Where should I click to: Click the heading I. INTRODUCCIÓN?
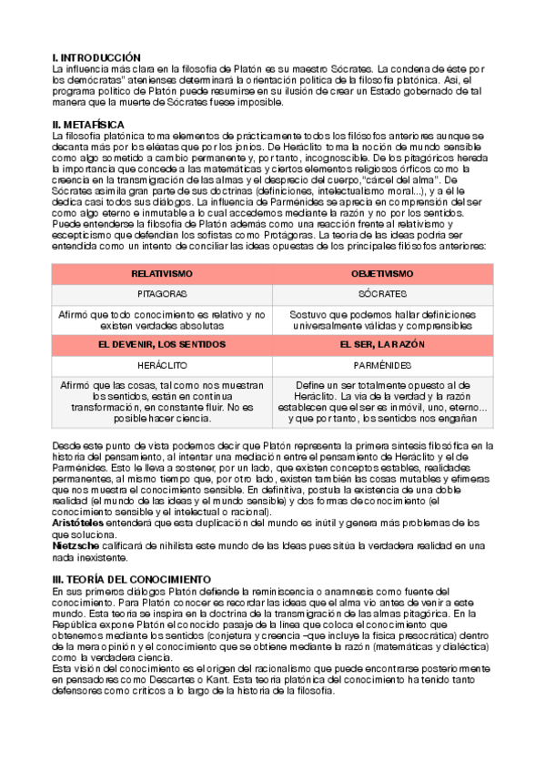96,57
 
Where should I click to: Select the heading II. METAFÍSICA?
89,124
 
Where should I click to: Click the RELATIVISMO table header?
162,273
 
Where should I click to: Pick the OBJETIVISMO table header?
382,273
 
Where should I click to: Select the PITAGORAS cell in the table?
162,295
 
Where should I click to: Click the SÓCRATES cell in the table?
382,295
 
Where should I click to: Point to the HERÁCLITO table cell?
162,364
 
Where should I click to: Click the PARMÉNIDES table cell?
382,364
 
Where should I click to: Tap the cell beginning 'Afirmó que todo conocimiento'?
162,320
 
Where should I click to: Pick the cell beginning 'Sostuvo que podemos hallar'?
382,320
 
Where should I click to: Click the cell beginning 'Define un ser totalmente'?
382,401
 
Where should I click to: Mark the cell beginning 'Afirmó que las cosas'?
162,401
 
